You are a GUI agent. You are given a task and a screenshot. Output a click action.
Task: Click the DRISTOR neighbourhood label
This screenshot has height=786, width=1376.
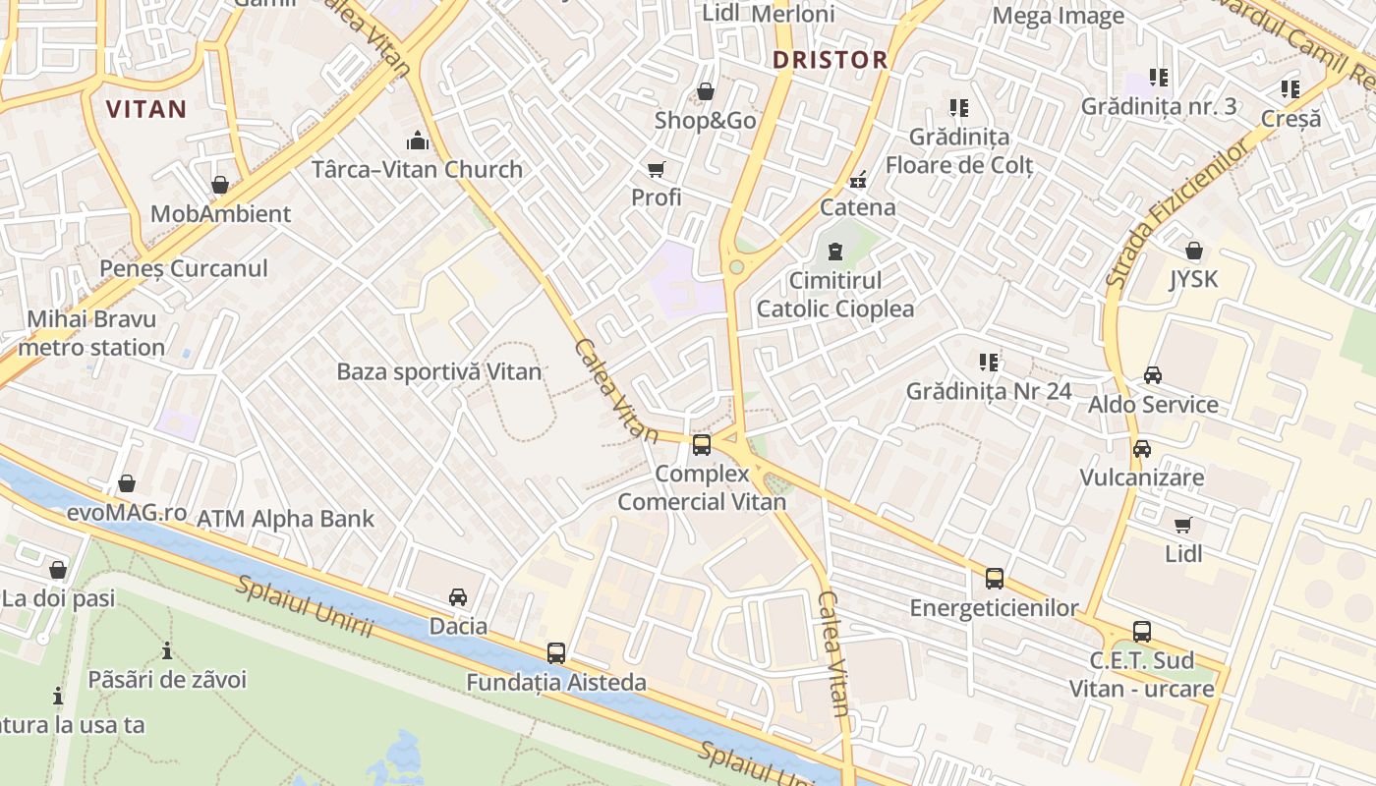tap(830, 60)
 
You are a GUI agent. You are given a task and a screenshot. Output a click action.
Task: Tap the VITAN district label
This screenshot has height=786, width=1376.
tap(146, 109)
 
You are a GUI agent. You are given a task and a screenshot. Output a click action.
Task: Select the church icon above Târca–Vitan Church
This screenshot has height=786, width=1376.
tap(418, 140)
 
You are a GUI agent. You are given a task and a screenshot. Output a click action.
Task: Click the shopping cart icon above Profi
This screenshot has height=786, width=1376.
tap(656, 169)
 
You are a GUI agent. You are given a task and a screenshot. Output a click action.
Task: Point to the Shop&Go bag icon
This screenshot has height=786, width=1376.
tap(705, 92)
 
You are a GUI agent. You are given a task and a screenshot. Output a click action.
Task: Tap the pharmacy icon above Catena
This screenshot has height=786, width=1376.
tap(858, 179)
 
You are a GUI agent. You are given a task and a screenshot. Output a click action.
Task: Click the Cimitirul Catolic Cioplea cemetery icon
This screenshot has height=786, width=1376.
tap(834, 253)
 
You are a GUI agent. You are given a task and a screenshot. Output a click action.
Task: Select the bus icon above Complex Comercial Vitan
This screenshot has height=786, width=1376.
tap(702, 445)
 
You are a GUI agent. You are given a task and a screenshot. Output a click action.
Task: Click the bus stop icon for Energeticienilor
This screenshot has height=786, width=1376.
tap(994, 579)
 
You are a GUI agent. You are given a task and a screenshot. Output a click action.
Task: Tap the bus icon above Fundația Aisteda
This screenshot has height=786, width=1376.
tap(556, 652)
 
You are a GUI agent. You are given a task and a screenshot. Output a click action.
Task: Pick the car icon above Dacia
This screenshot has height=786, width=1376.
tap(458, 597)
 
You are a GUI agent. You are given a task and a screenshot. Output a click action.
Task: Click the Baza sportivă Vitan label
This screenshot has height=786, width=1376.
tap(439, 372)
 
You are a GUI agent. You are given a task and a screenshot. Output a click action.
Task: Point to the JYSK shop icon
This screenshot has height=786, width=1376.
tap(1193, 252)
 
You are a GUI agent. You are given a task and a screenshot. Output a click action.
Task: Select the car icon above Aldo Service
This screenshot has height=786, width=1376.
tap(1153, 375)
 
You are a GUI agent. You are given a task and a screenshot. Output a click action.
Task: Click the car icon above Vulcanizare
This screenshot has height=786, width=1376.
tap(1141, 449)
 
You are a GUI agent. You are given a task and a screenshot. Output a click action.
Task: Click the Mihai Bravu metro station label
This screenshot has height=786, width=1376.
tap(91, 333)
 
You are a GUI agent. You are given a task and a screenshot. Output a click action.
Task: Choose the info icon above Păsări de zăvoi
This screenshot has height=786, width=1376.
tap(167, 650)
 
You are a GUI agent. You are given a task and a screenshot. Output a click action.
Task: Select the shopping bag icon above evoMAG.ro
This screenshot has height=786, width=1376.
tap(127, 483)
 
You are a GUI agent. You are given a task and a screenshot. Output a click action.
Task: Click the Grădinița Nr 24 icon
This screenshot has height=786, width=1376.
tap(989, 363)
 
